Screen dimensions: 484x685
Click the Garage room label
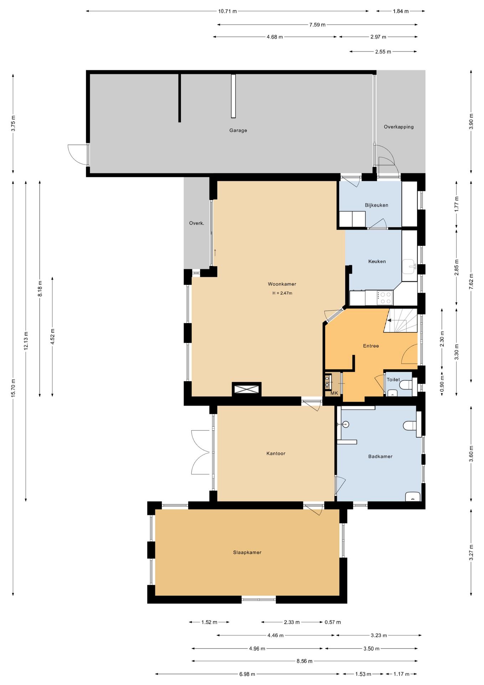click(x=238, y=131)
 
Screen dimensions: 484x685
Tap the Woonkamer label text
click(x=282, y=284)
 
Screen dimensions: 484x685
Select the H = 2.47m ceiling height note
click(x=282, y=293)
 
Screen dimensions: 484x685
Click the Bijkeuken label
click(x=376, y=205)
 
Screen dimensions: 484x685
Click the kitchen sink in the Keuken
click(x=409, y=266)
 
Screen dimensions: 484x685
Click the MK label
click(x=334, y=393)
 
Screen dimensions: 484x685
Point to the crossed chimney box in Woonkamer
click(x=247, y=389)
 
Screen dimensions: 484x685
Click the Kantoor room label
click(x=276, y=453)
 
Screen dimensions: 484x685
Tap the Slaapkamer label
click(x=247, y=552)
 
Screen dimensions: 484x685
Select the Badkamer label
click(x=380, y=456)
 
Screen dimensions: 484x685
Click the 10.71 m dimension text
click(x=228, y=11)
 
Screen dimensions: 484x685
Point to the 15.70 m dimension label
click(x=13, y=388)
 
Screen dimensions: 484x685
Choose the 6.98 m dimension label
click(x=247, y=674)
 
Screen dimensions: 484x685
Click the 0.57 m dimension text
click(x=333, y=622)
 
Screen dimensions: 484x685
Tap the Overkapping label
click(x=399, y=127)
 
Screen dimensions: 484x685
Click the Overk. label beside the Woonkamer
click(x=197, y=223)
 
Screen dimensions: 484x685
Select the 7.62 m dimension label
click(x=471, y=281)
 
